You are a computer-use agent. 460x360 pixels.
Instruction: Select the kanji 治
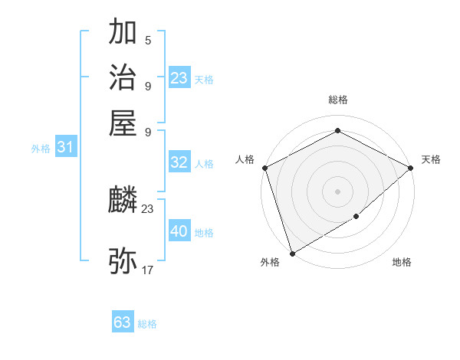click(123, 77)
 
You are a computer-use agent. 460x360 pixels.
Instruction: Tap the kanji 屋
click(123, 122)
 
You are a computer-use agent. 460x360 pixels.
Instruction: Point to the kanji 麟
click(123, 201)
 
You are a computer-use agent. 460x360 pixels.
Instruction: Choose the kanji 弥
click(123, 260)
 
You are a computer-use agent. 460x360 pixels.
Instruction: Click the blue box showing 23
click(179, 78)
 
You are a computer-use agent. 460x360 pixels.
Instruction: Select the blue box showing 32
click(179, 162)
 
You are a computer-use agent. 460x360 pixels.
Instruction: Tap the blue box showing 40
click(179, 231)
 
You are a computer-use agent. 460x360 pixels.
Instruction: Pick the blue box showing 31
click(65, 148)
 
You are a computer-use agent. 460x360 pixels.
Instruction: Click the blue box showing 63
click(123, 322)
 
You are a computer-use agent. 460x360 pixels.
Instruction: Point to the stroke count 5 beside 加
click(148, 40)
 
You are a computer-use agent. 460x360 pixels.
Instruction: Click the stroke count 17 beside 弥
click(148, 270)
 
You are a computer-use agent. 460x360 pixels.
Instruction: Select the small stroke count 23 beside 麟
click(148, 208)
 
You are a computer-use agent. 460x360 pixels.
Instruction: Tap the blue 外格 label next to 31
click(41, 149)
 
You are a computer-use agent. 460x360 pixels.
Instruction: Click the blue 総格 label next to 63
click(147, 324)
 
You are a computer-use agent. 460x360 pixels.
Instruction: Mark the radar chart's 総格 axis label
click(337, 100)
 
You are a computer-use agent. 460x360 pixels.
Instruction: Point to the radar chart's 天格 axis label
click(431, 159)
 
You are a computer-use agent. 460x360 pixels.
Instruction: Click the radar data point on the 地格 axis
click(357, 218)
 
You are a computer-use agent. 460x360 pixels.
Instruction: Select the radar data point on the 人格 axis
click(264, 168)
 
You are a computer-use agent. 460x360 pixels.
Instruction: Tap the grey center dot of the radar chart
click(337, 191)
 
